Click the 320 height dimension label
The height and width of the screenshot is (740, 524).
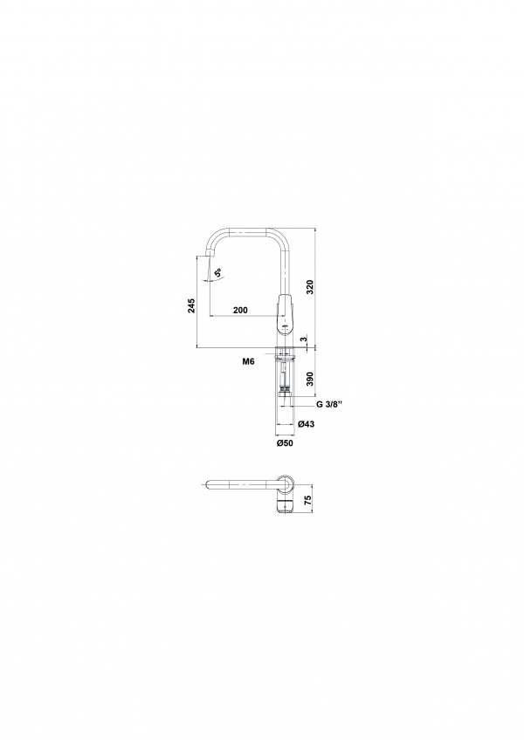coord(309,288)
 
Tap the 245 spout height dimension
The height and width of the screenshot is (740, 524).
coord(191,305)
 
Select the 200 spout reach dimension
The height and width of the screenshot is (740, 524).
coord(240,310)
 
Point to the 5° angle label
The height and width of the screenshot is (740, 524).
coord(217,273)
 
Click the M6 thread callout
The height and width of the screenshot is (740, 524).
coord(248,362)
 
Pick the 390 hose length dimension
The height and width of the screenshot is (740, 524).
coord(309,379)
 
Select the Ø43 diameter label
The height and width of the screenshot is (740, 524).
coord(307,424)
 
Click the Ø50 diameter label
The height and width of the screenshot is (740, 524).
coord(285,442)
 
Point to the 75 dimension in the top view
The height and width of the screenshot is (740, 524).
coord(309,500)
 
